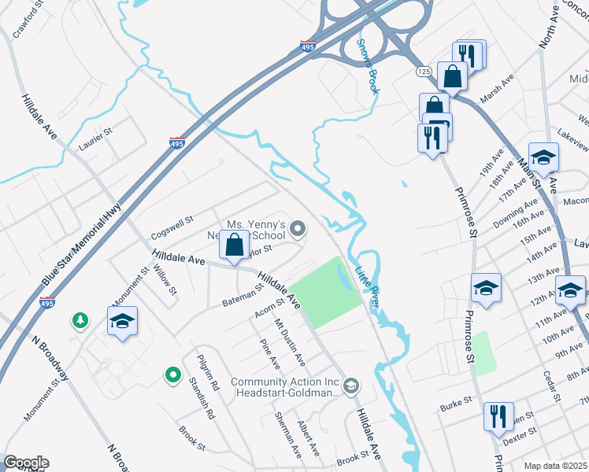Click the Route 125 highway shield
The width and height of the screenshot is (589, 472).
pos(424,71)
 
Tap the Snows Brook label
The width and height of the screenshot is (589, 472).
pos(368,67)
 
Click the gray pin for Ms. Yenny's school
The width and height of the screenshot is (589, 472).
pos(298,229)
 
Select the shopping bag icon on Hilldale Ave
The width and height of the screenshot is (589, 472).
pos(235,245)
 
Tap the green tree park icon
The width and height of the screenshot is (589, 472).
pos(80,319)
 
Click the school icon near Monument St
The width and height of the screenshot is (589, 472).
pos(122,321)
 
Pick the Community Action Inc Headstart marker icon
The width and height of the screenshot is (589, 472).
pos(351,385)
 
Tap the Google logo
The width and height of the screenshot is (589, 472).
pos(26,463)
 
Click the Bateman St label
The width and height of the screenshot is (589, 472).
pos(242,296)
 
